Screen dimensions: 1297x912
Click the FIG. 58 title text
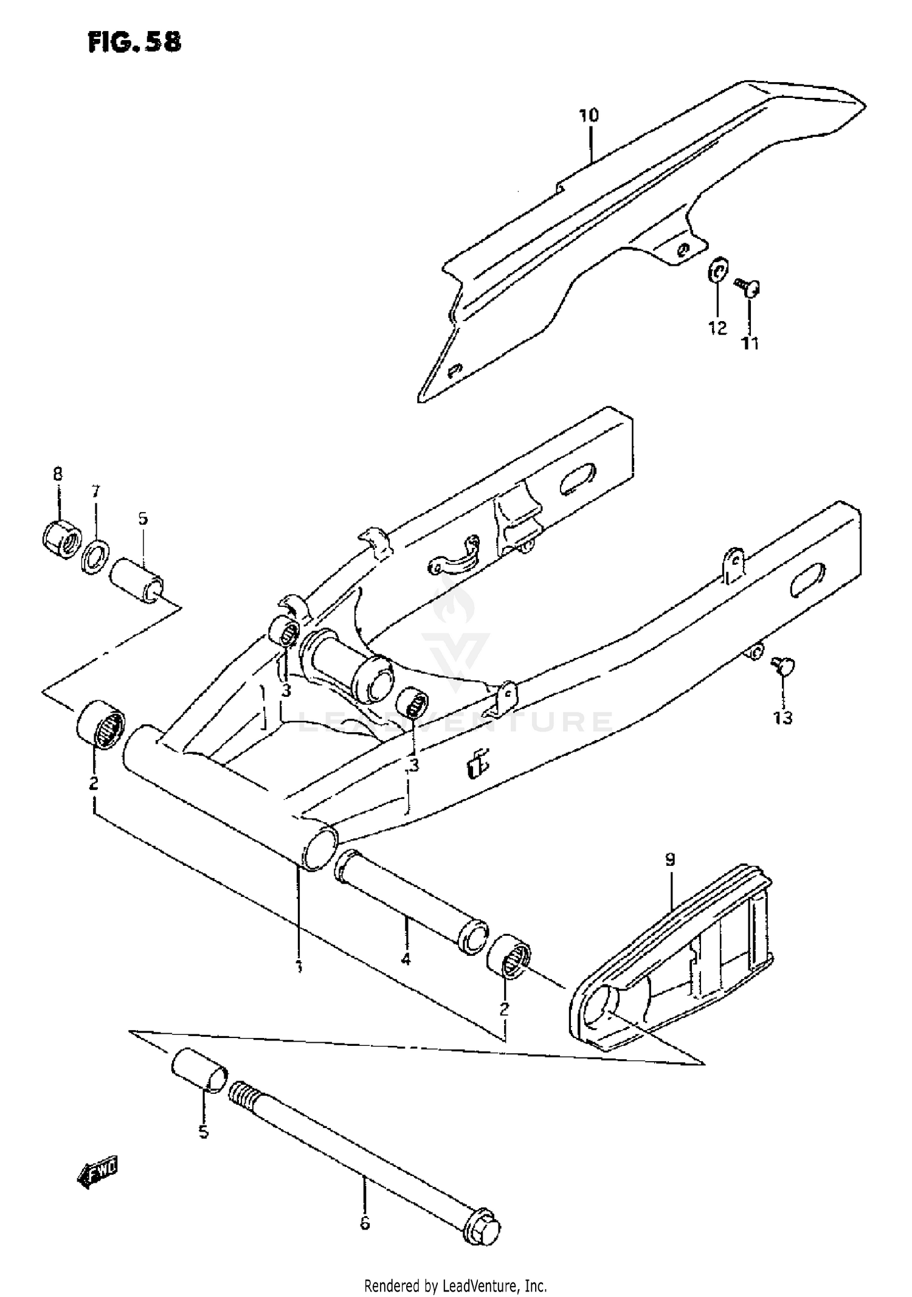134,42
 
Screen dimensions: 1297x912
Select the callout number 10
589,115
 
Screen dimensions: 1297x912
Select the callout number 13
782,718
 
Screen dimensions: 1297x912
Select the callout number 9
669,859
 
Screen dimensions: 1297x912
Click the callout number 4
406,960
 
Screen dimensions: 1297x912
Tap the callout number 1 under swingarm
299,967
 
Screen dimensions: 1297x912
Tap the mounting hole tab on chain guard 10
683,249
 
